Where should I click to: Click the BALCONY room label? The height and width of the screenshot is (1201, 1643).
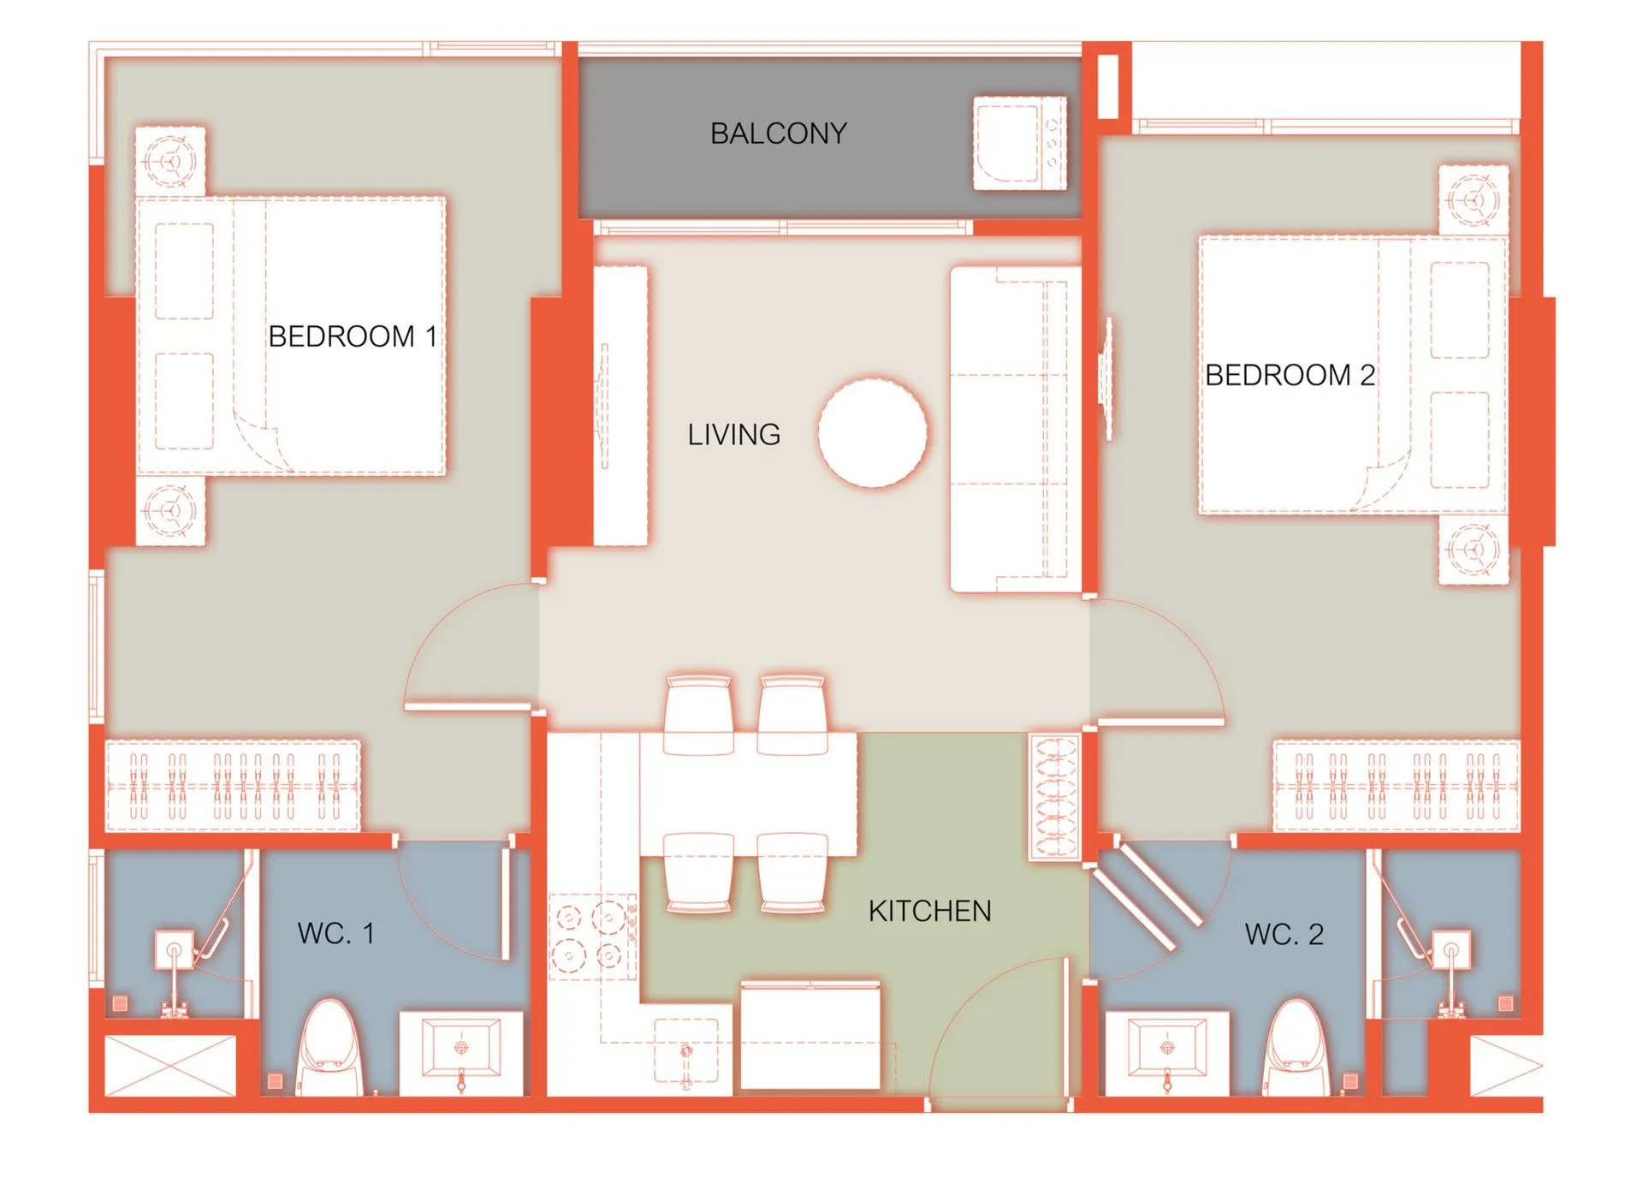778,134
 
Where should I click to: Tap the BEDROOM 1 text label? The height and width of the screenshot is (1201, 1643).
352,336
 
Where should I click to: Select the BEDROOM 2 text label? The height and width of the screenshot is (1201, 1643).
1290,375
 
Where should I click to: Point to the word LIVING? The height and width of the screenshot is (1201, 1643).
733,435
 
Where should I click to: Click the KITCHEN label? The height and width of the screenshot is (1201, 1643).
929,911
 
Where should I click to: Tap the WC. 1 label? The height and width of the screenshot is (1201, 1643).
335,933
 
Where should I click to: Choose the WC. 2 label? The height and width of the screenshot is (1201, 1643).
1284,934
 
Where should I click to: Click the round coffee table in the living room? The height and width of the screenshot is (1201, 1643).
872,433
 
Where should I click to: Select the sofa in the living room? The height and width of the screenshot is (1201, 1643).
1015,430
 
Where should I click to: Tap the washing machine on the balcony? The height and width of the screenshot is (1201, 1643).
1020,143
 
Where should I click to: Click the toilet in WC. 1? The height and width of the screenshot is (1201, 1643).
330,1048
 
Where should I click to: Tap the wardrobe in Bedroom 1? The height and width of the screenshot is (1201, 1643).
233,785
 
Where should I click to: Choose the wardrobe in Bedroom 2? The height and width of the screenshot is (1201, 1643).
1397,785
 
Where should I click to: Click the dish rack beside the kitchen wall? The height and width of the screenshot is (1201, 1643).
1055,797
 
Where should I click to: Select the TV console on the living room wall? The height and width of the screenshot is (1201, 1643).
620,406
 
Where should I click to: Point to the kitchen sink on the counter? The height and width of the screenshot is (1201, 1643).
686,1052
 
